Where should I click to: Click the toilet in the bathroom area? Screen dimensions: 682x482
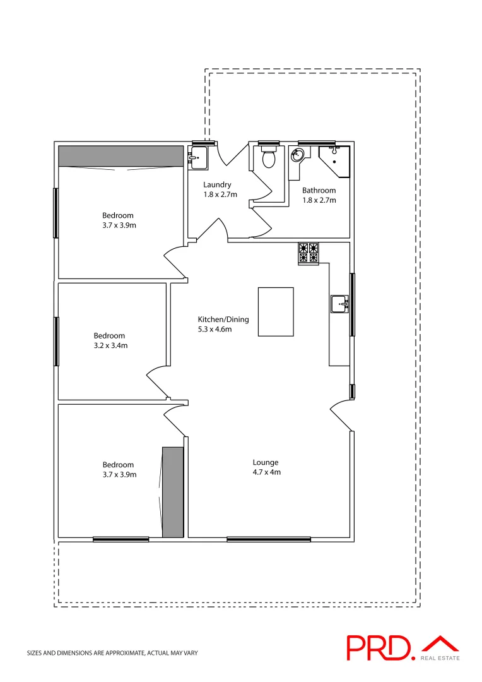(x=269, y=158)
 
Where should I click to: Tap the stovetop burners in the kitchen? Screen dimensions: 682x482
(x=309, y=253)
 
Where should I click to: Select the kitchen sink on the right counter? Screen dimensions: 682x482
(x=339, y=304)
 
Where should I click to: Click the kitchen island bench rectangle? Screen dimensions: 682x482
(x=276, y=312)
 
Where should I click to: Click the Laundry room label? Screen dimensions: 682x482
(x=217, y=185)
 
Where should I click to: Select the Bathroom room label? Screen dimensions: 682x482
(x=319, y=190)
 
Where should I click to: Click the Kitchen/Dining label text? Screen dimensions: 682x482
(x=223, y=320)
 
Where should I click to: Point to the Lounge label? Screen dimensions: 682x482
(x=265, y=462)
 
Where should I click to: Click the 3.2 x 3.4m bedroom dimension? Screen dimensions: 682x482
(x=110, y=346)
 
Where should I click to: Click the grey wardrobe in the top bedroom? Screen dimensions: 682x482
(x=120, y=156)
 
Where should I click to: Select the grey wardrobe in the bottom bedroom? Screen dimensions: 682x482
(x=172, y=492)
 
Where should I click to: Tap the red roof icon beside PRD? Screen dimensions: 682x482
(x=440, y=643)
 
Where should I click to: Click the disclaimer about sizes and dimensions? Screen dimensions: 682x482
(x=112, y=653)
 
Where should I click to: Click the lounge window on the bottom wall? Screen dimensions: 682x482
(x=269, y=539)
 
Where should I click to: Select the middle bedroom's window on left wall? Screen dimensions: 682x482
(x=57, y=341)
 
